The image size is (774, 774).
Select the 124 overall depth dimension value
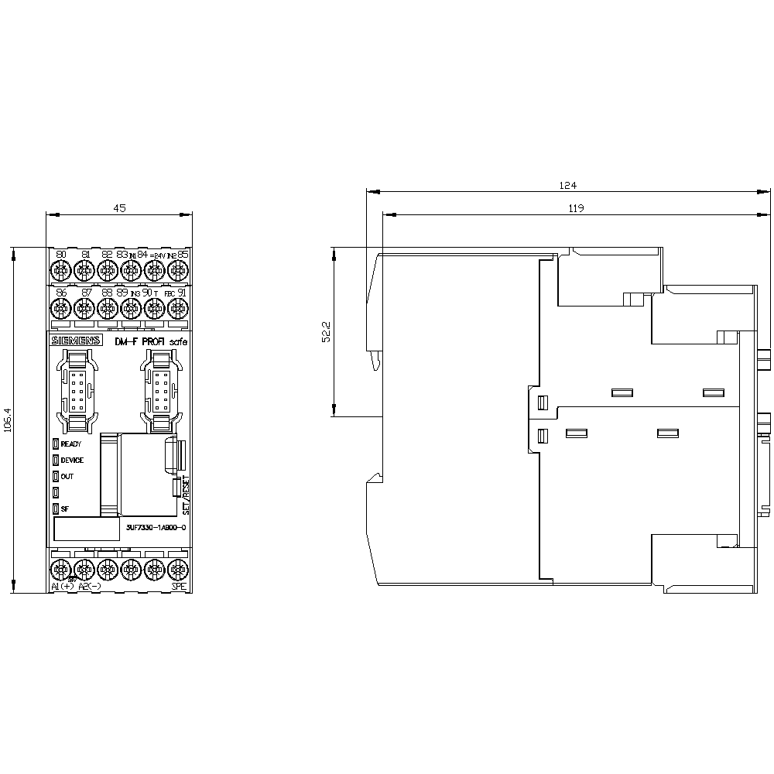569,186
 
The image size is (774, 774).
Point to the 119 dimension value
574,208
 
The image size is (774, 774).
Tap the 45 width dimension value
120,208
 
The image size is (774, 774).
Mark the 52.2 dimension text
327,331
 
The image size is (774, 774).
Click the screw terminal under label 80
60,270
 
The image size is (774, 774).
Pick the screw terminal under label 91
178,308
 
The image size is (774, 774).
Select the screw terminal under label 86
60,308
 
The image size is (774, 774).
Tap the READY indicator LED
56,444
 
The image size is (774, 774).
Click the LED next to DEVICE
56,460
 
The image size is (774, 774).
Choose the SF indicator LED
56,509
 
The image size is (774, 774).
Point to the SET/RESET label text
185,496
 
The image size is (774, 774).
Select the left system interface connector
77,390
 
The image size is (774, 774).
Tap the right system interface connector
160,390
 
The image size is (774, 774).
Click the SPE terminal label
179,587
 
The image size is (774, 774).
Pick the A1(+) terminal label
63,587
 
